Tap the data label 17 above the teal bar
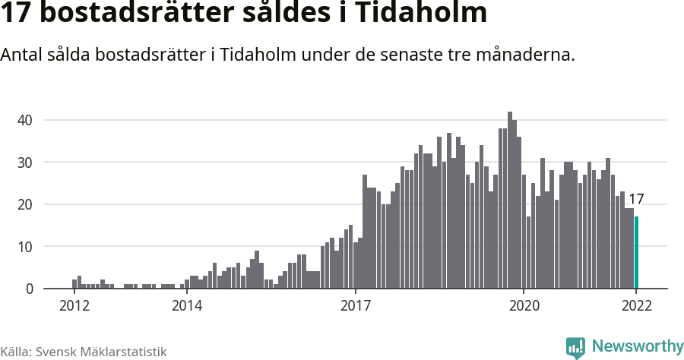637,200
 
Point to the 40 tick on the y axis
25,120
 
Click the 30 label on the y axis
25,163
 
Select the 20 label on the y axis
25,204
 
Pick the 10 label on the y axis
25,247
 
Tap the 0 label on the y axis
29,289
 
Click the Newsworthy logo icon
575,347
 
